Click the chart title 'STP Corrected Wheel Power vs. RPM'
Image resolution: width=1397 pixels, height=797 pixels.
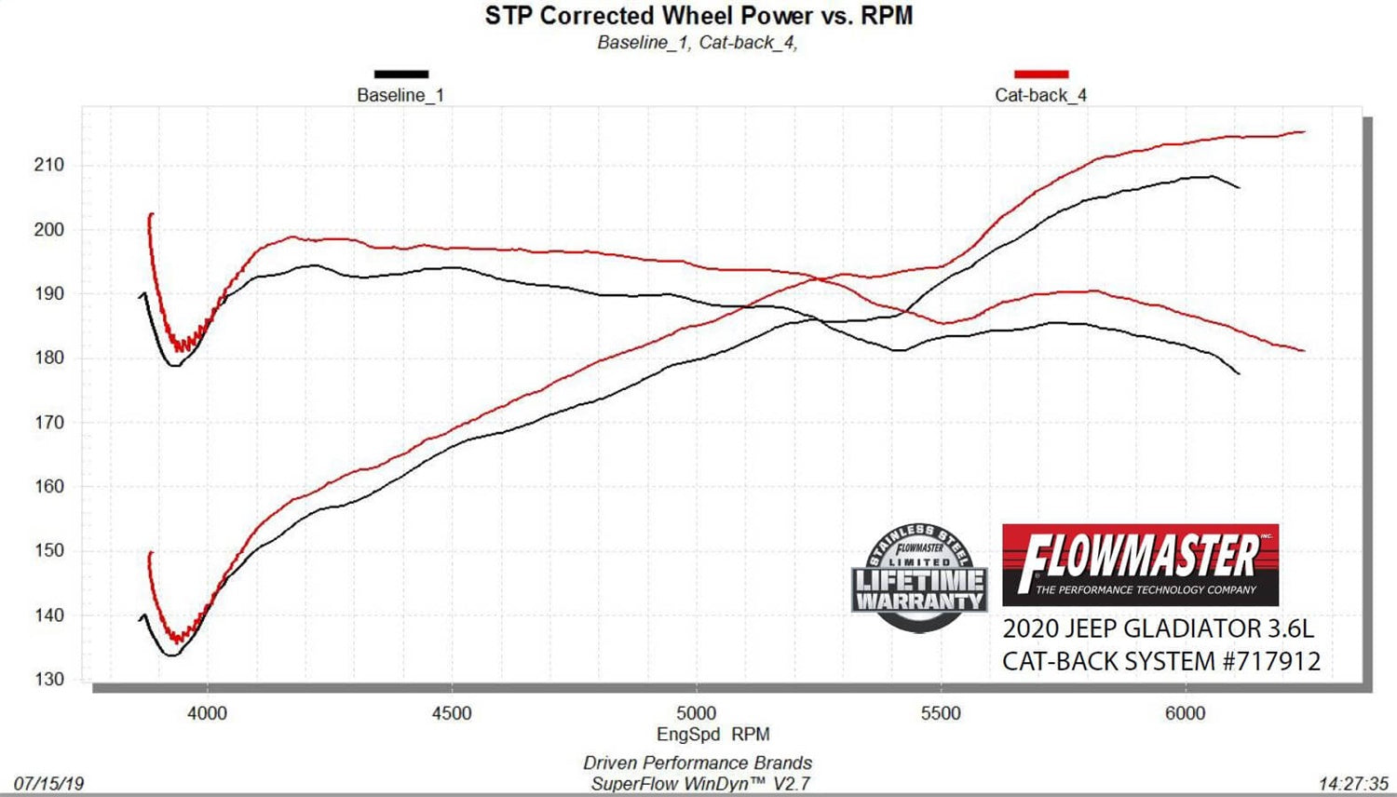point(698,16)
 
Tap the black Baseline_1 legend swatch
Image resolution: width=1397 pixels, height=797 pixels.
point(401,74)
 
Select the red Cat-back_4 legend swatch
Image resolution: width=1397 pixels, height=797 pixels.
point(1041,74)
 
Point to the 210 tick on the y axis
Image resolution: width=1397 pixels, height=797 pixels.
point(49,165)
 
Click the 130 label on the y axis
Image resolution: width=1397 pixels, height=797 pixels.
point(49,680)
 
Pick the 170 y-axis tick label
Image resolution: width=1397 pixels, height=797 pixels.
point(49,422)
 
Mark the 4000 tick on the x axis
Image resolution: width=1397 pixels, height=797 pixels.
point(207,713)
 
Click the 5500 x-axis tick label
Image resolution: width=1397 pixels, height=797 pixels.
point(941,713)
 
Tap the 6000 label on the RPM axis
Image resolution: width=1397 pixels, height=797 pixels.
point(1185,713)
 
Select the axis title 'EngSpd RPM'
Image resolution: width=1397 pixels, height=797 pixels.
point(712,735)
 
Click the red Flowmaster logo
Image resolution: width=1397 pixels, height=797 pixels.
point(1140,564)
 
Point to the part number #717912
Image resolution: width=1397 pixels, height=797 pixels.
point(1271,661)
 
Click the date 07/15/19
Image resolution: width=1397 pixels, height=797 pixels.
point(48,784)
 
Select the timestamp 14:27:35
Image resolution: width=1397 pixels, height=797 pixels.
point(1353,784)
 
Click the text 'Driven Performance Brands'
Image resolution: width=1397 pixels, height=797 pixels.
point(698,763)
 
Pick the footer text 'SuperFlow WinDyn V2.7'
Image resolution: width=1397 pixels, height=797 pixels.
point(700,784)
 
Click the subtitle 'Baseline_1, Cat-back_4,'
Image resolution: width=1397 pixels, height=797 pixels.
point(698,43)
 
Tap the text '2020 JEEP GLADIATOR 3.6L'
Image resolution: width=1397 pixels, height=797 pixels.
point(1158,628)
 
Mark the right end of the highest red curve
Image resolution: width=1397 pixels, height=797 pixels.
point(1303,132)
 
